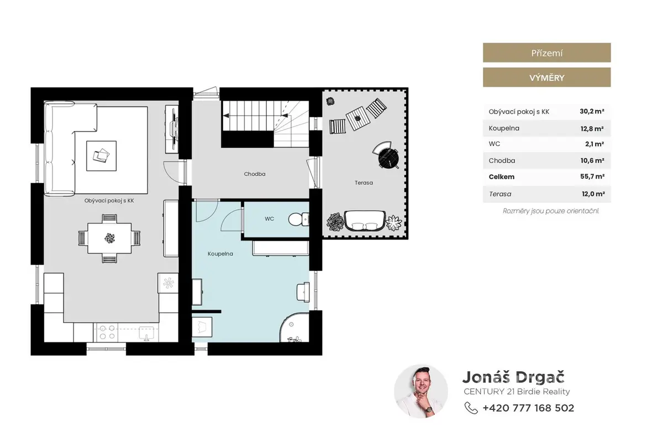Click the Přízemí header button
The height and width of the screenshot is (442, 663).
click(x=546, y=53)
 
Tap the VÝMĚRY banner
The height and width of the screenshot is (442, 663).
click(x=546, y=77)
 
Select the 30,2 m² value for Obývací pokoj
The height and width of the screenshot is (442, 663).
click(x=592, y=111)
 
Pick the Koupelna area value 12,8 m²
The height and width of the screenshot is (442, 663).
click(x=592, y=128)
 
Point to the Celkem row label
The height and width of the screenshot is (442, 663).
click(x=502, y=176)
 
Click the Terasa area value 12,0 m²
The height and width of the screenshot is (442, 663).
click(x=593, y=194)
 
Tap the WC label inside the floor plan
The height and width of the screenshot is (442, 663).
click(x=270, y=219)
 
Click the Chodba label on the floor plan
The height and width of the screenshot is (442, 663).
click(x=255, y=174)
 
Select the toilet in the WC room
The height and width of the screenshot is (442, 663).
click(x=298, y=220)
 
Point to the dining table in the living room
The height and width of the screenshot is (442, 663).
click(x=109, y=238)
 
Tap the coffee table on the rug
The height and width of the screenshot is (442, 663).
click(x=101, y=156)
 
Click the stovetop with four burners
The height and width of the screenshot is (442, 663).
click(x=107, y=332)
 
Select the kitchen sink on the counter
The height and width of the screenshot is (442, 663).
click(x=146, y=333)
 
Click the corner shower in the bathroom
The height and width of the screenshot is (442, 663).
click(x=294, y=327)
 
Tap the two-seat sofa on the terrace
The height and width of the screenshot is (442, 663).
click(x=365, y=221)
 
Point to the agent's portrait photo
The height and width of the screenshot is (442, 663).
click(x=420, y=391)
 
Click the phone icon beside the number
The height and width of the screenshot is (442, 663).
click(x=471, y=408)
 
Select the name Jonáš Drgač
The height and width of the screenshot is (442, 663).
click(x=513, y=377)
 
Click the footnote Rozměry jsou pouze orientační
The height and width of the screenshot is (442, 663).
click(x=551, y=211)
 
